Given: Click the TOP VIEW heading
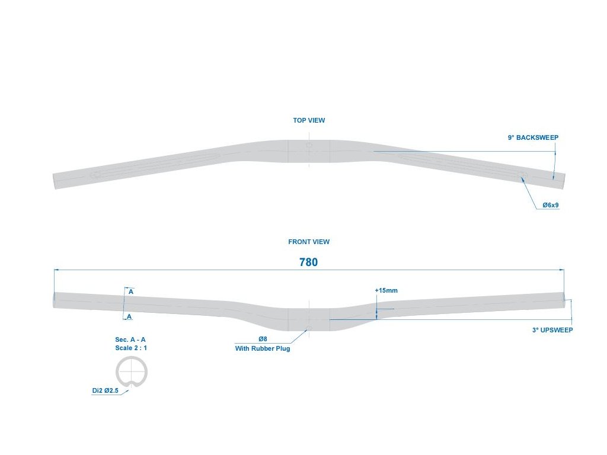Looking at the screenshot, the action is [309, 120].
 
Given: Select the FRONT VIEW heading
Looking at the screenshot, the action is [309, 242].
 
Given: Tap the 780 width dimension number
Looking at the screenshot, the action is [308, 262].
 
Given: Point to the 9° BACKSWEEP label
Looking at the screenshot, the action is [533, 137].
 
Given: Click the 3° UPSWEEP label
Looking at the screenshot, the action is [552, 330].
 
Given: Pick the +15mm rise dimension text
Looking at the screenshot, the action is [386, 290].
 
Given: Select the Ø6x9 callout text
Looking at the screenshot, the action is [551, 205].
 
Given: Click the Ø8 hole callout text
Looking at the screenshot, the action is [263, 339].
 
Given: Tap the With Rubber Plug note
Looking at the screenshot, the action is [263, 348].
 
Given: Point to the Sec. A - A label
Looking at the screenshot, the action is [130, 339].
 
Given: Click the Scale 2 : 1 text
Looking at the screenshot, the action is [131, 348].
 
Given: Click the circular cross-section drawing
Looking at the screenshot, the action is [131, 373].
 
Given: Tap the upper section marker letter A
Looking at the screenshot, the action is [130, 292].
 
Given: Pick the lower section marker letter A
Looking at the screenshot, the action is [129, 316].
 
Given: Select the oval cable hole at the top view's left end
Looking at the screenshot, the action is [95, 176].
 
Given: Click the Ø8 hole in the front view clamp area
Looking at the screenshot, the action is [308, 329].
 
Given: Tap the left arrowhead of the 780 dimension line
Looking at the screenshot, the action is [56, 270].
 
